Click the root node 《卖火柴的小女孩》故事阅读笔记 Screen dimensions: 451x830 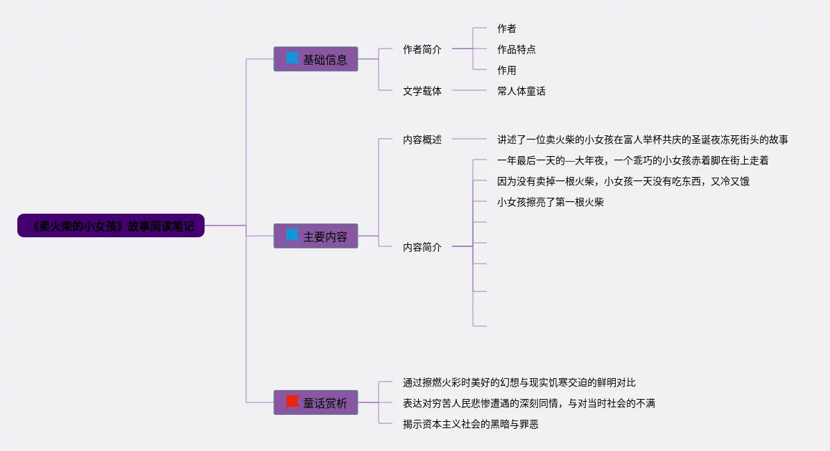coord(111,226)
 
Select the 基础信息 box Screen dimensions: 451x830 coord(315,59)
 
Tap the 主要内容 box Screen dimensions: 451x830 coord(315,236)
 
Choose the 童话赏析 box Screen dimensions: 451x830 coord(315,402)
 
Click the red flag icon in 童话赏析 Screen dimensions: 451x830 coord(293,401)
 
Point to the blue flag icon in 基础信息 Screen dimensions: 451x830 coord(293,58)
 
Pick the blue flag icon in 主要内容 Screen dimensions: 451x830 coord(293,235)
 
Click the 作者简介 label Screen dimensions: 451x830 coord(422,49)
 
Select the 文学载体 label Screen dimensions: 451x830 coord(422,91)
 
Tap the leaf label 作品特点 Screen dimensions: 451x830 coord(516,49)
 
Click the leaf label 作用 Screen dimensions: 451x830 coord(506,70)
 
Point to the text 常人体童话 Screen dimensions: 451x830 coord(521,91)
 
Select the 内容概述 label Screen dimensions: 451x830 coord(422,139)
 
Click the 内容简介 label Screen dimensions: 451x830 coord(422,247)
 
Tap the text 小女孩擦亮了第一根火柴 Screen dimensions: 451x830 coord(550,202)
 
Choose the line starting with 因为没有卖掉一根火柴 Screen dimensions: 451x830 coord(623,181)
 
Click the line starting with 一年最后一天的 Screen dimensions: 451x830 coord(632,160)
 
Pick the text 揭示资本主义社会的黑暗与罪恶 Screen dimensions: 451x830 coord(470,424)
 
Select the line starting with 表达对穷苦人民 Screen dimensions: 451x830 coord(528,403)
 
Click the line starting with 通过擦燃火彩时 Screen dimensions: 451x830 coord(519,382)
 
